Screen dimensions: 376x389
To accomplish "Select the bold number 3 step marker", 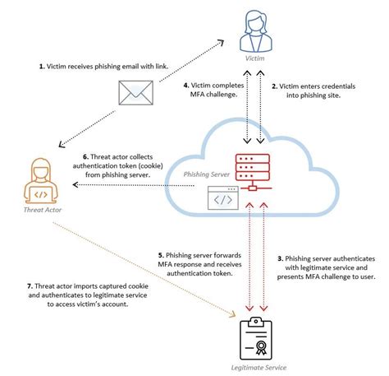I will tap(279, 258).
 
